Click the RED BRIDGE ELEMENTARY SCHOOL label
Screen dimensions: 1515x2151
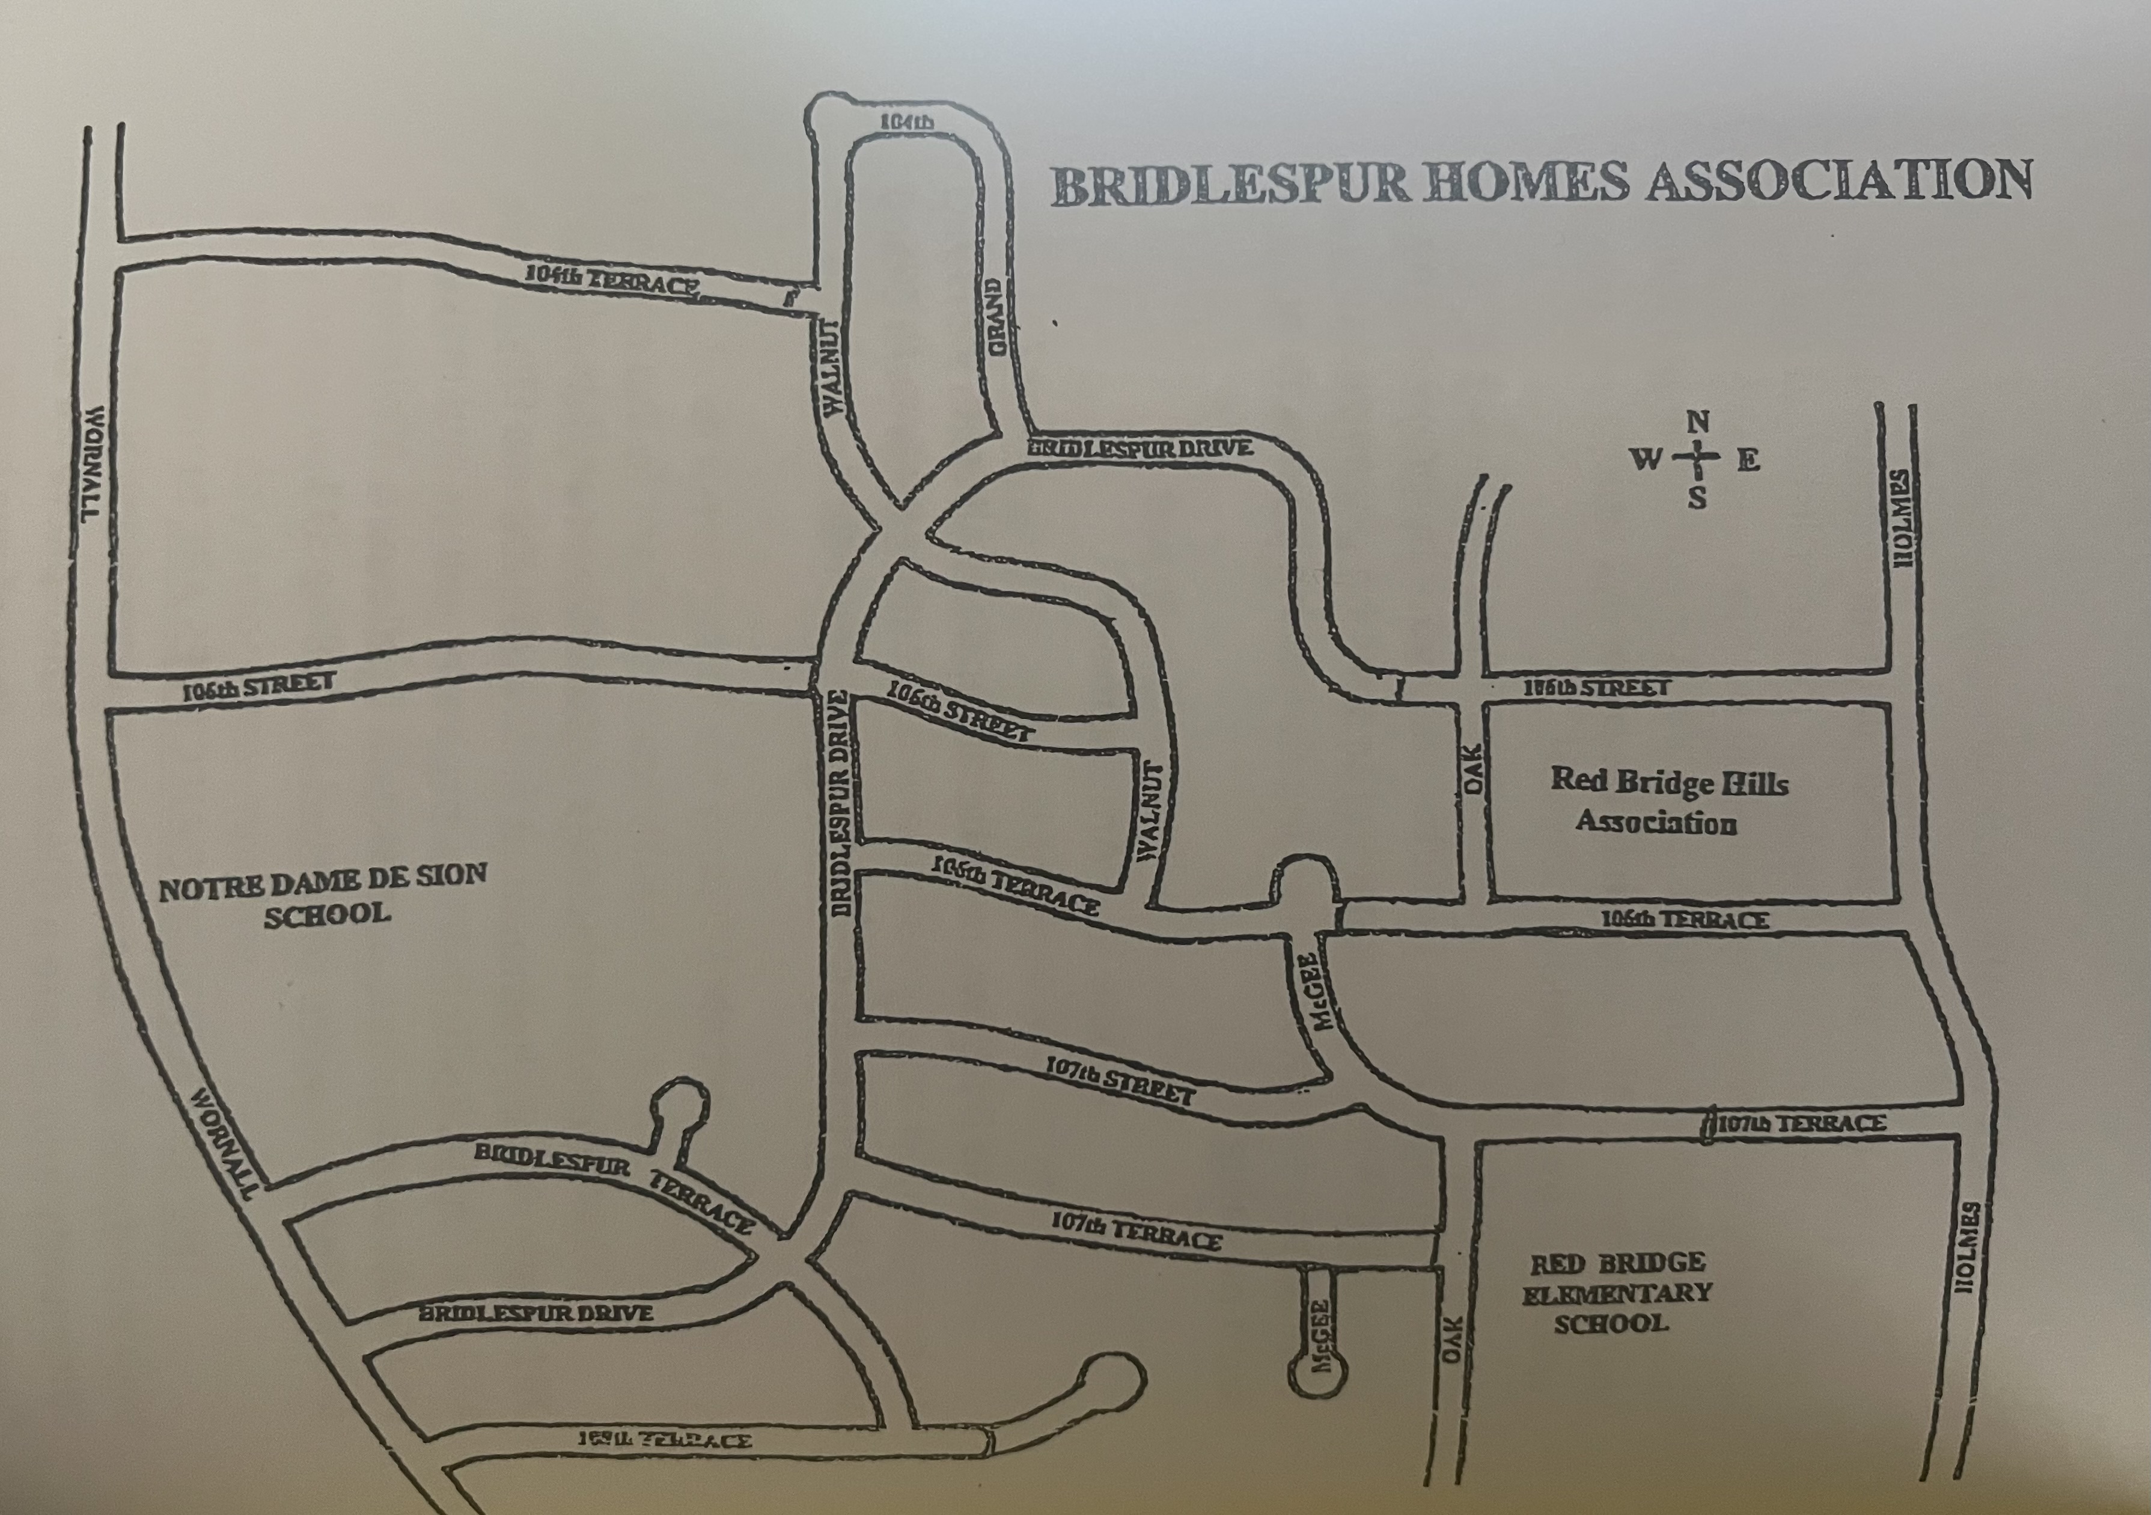1617,1294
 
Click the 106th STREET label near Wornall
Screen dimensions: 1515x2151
258,687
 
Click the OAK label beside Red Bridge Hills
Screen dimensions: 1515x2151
1474,770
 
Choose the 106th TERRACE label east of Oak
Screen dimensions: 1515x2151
1683,920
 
